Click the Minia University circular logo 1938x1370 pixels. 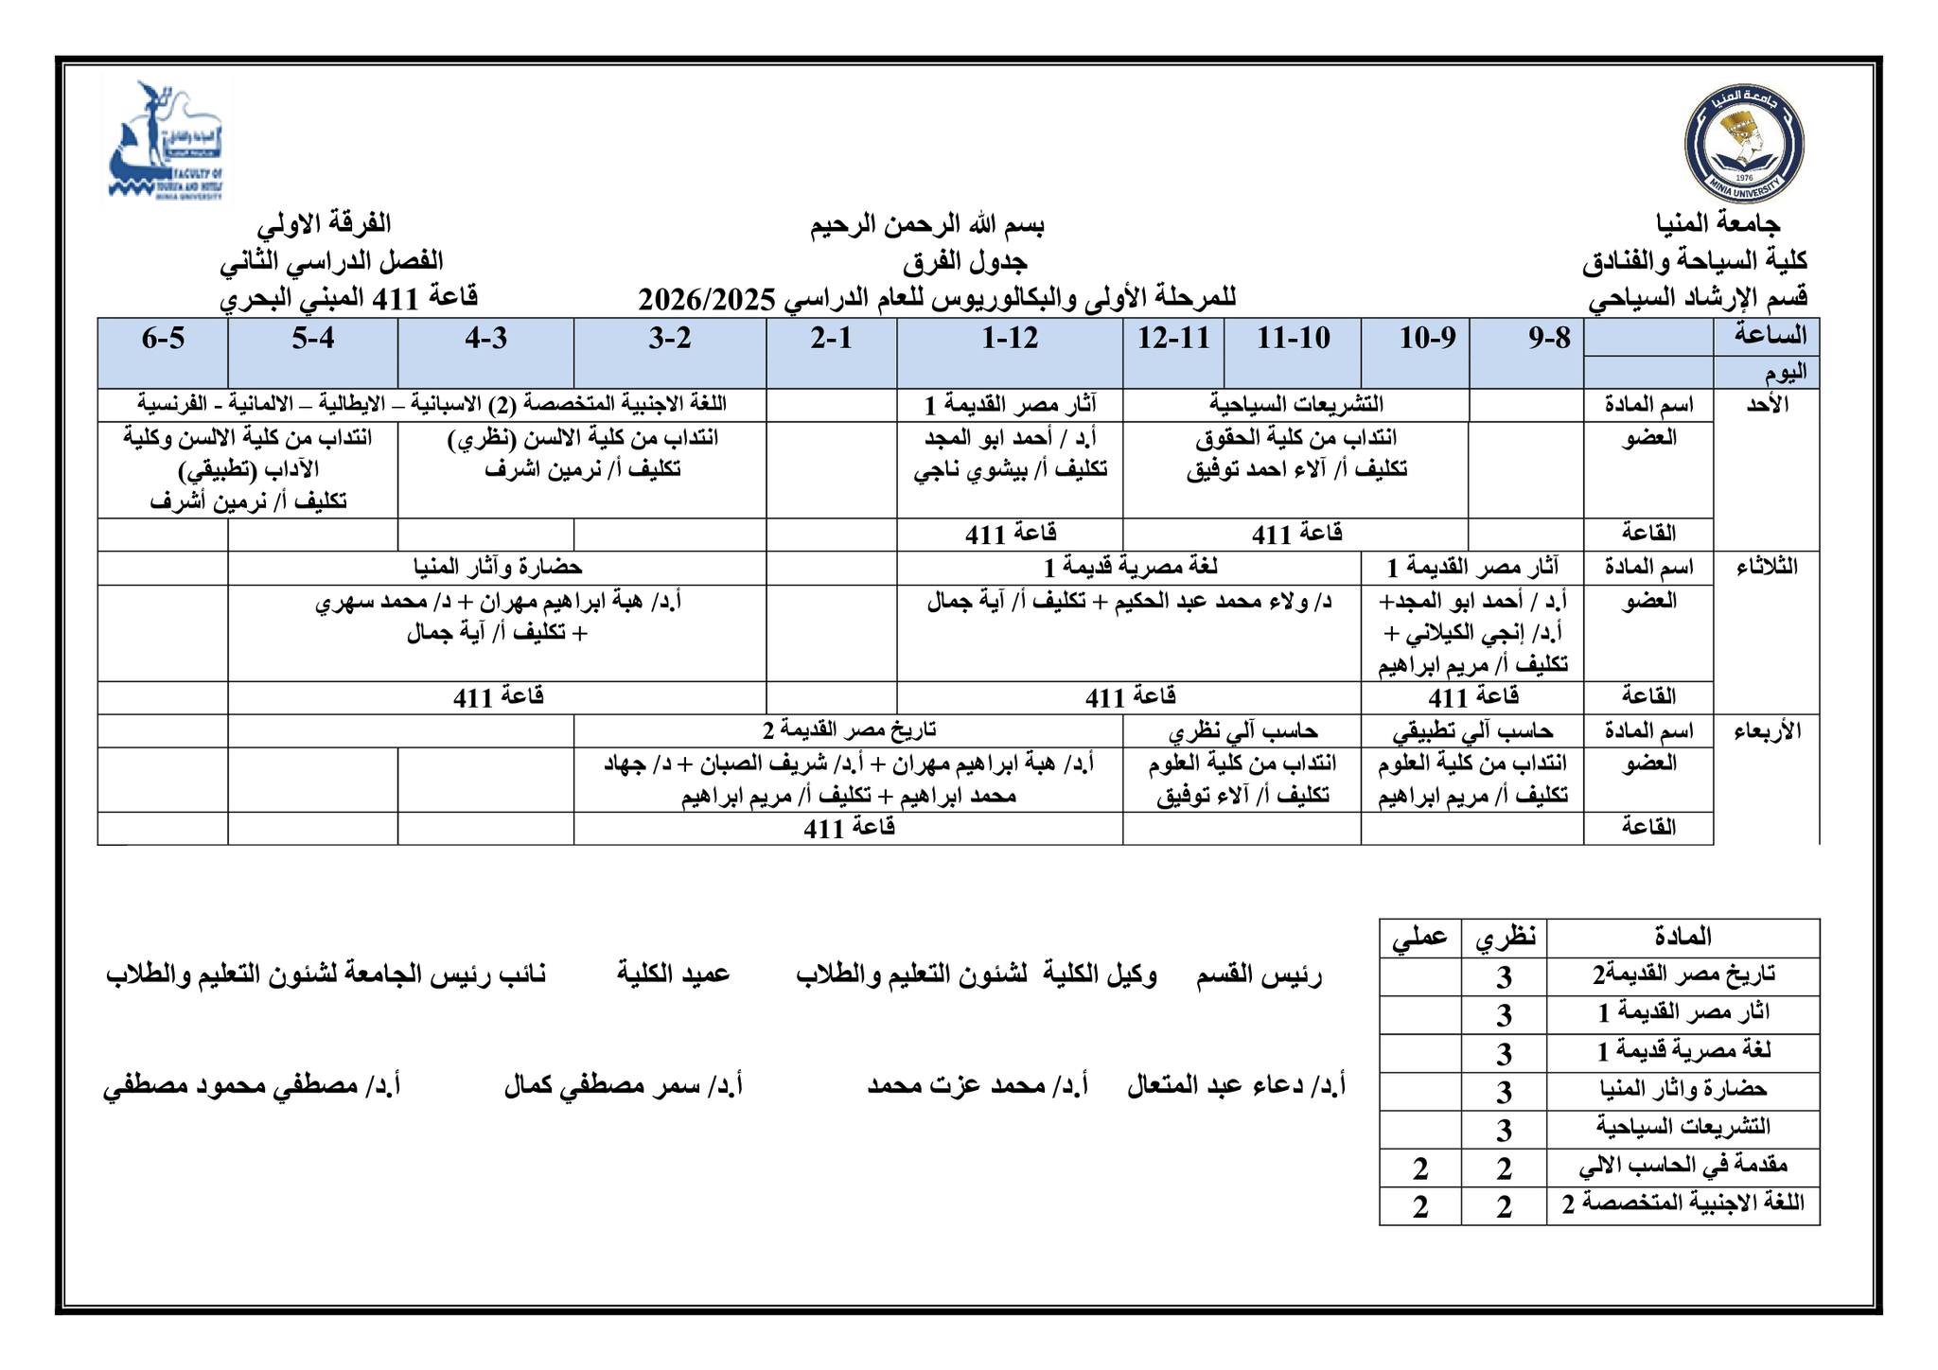(x=1744, y=143)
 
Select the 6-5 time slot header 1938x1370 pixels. (x=163, y=338)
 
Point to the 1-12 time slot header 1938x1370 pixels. (x=1010, y=338)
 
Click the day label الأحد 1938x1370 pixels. (x=1766, y=405)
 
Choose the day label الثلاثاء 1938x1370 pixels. (x=1766, y=568)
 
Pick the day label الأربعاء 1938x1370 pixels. (x=1766, y=731)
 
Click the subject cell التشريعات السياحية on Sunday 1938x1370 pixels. (x=1295, y=405)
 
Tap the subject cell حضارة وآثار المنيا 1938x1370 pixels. (x=497, y=568)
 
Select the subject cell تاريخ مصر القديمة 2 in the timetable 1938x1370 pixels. (x=849, y=730)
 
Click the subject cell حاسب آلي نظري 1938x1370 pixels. (x=1242, y=731)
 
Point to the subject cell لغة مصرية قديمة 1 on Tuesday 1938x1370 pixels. (x=1130, y=568)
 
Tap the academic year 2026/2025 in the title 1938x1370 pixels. (x=706, y=299)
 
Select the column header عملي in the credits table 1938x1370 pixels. (x=1419, y=938)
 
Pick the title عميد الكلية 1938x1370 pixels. (x=673, y=974)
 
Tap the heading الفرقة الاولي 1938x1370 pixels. (x=324, y=224)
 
